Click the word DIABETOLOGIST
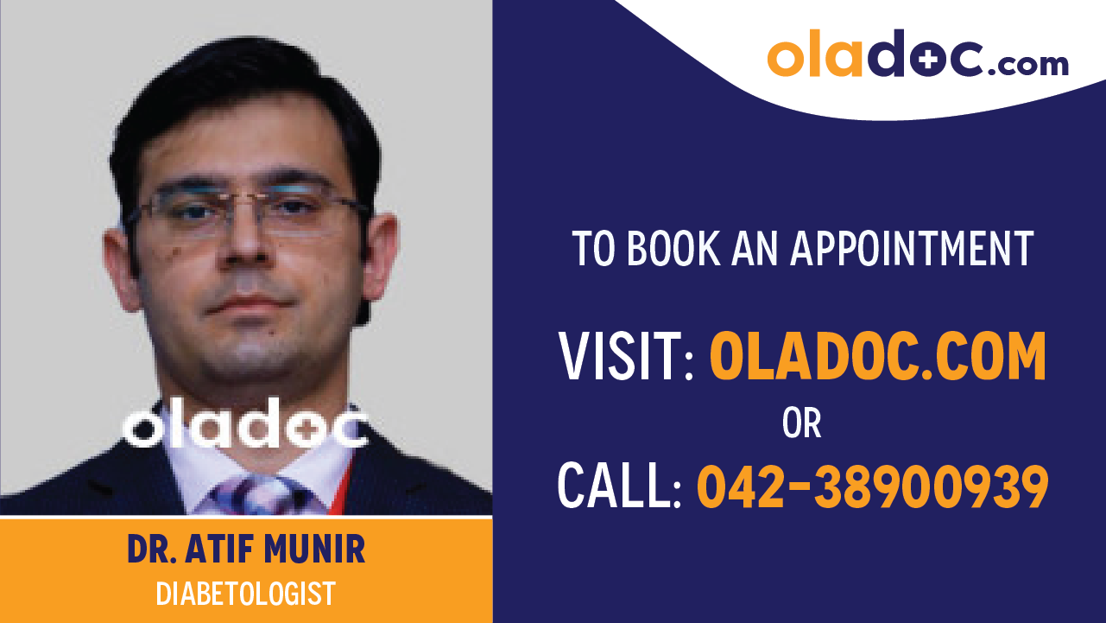pyautogui.click(x=246, y=594)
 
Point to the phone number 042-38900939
pyautogui.click(x=872, y=486)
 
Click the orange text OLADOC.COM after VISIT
pyautogui.click(x=877, y=358)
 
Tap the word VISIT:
pyautogui.click(x=627, y=358)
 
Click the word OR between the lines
pyautogui.click(x=801, y=424)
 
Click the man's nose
pyautogui.click(x=245, y=251)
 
